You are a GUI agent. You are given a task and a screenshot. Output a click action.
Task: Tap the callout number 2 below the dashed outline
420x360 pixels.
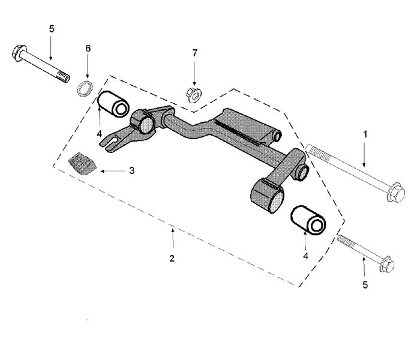(172, 259)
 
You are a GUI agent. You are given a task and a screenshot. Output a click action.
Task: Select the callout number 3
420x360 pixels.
(131, 170)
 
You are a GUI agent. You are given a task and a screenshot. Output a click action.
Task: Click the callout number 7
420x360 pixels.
(194, 53)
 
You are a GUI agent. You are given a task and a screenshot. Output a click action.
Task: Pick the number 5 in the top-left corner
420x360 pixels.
(51, 28)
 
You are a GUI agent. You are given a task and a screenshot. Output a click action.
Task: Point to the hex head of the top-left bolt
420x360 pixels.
(18, 52)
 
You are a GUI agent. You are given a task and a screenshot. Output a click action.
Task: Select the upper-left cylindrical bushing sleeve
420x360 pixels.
(114, 103)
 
